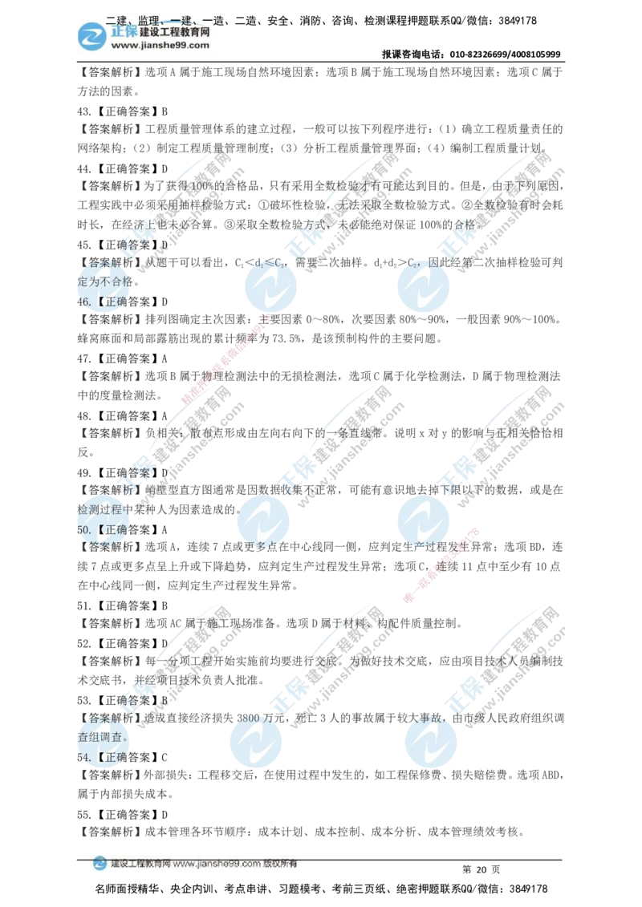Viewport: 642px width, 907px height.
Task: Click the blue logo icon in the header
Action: point(91,36)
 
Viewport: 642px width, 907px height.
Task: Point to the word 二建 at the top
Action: point(117,20)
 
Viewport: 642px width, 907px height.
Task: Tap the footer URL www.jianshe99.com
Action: point(217,864)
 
